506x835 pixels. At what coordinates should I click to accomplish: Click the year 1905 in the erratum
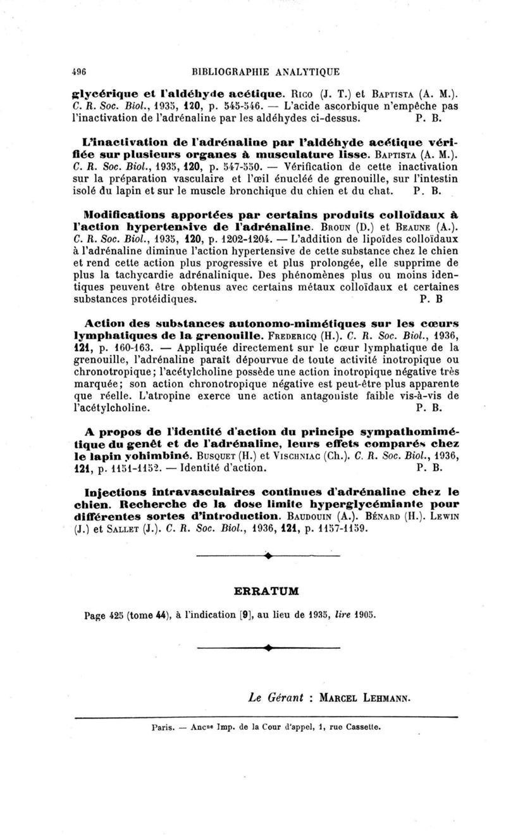tap(370, 613)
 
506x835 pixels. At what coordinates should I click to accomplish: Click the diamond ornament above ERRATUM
tap(269, 555)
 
